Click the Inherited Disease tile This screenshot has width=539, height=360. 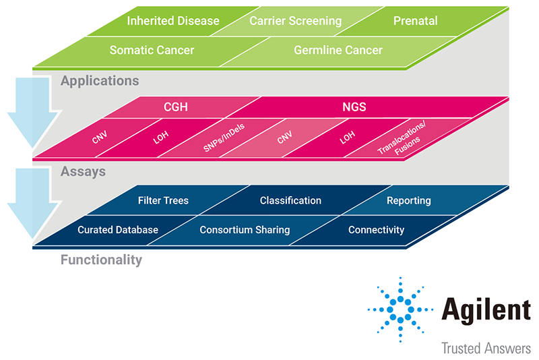pos(173,21)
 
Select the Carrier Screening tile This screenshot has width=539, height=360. pos(295,21)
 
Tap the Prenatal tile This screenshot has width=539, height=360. pos(415,21)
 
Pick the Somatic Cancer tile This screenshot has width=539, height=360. pos(152,50)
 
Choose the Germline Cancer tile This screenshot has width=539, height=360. pos(338,50)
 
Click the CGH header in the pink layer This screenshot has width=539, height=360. pos(176,107)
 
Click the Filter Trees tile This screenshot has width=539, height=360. pos(163,200)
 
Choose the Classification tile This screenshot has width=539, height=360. pos(290,200)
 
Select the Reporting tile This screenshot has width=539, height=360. pos(408,200)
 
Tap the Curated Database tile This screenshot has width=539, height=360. pos(118,230)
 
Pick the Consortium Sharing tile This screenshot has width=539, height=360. pos(245,230)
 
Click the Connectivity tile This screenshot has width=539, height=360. pos(376,230)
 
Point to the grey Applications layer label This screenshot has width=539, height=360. pos(100,81)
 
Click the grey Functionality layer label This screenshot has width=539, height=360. pos(101,260)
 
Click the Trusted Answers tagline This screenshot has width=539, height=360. pos(485,349)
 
